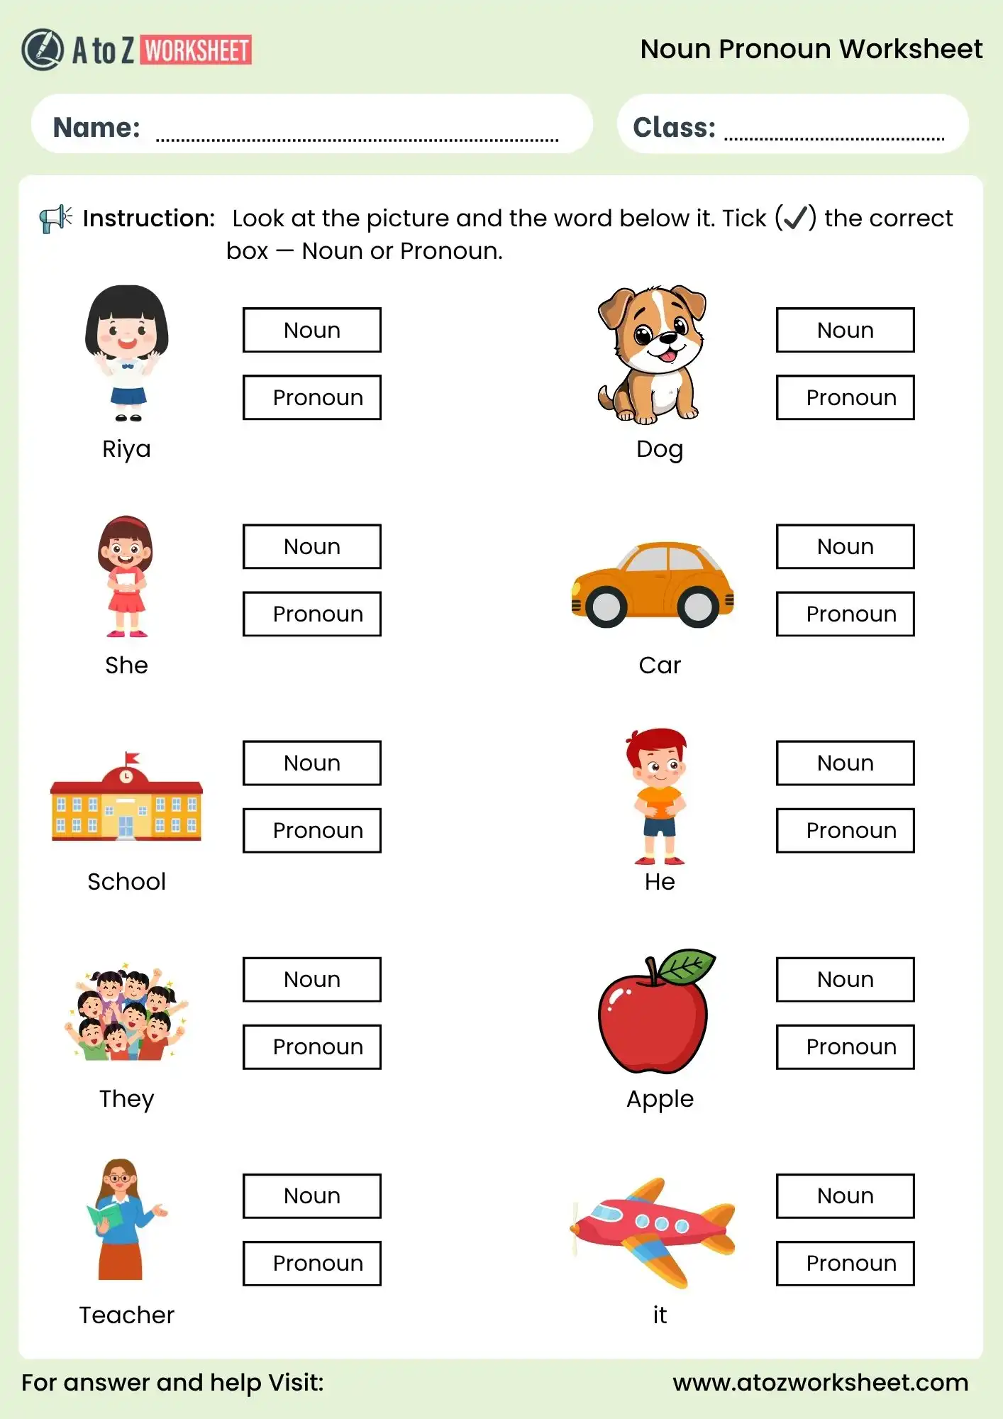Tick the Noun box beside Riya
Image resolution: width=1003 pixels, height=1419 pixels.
(x=311, y=330)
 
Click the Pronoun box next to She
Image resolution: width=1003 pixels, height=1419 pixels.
(x=311, y=614)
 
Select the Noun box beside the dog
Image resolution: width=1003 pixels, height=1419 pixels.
(x=845, y=330)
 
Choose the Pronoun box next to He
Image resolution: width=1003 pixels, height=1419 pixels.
(x=845, y=830)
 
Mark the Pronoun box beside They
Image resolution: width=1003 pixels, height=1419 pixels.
(x=311, y=1047)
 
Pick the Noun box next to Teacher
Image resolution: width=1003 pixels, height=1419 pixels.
(x=311, y=1196)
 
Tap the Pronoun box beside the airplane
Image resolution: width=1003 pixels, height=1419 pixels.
(x=845, y=1263)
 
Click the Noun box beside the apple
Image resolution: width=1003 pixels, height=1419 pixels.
(x=845, y=979)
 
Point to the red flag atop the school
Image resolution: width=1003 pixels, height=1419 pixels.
(x=132, y=758)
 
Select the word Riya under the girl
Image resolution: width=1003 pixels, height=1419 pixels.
(x=126, y=449)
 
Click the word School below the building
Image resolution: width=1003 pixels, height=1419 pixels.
(x=126, y=881)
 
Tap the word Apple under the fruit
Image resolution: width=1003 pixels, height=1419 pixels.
(x=660, y=1098)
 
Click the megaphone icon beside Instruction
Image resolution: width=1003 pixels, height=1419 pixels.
(x=55, y=219)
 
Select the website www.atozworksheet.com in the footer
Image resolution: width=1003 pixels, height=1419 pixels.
(x=820, y=1382)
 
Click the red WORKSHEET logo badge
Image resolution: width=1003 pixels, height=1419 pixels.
(x=197, y=50)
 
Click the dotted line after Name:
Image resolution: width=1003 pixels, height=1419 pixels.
(x=357, y=139)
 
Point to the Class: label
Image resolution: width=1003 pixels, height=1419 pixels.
(x=674, y=128)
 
